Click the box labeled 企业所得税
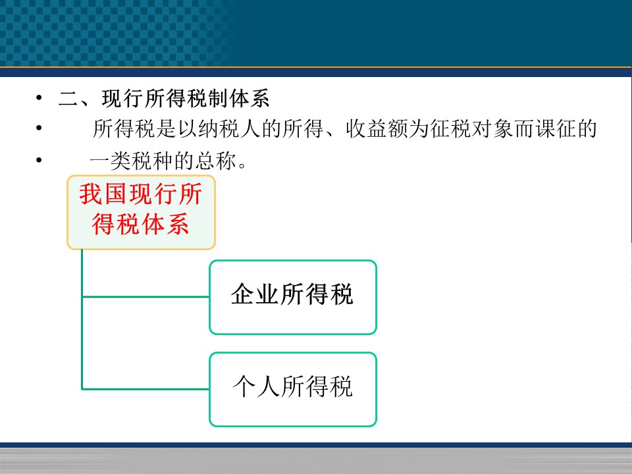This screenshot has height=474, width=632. tap(292, 298)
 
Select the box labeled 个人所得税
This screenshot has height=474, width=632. tap(292, 389)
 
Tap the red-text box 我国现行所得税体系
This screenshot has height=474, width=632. tap(141, 213)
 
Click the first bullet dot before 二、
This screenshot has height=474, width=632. tap(39, 97)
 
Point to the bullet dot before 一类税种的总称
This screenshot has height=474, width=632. tap(39, 159)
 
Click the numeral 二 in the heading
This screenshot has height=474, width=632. tap(69, 99)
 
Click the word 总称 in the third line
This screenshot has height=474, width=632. tap(216, 161)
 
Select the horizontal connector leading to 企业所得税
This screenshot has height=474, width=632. tap(145, 297)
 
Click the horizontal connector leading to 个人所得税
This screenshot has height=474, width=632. tap(145, 389)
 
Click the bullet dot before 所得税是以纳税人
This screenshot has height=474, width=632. tap(39, 128)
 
